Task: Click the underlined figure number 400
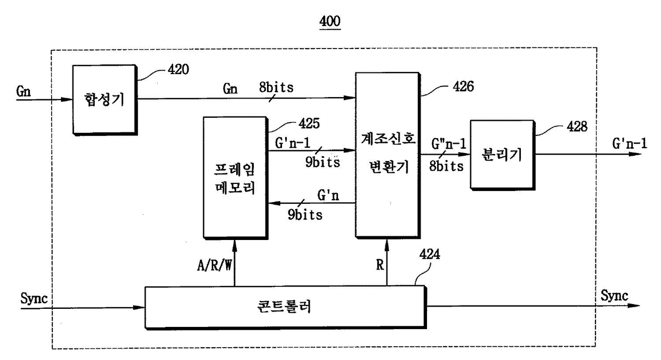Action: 330,21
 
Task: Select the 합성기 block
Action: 105,100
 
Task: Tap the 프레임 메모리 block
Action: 236,178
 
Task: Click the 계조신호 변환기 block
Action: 388,155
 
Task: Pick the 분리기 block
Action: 503,155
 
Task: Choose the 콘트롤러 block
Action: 285,307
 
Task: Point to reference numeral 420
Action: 178,70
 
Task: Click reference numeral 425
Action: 309,123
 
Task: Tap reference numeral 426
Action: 463,87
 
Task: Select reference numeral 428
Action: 577,127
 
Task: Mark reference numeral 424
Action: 430,254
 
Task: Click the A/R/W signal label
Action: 214,265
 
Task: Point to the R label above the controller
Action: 380,265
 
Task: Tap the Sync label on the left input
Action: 34,298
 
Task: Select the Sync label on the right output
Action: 615,295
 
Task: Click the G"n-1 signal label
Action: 448,144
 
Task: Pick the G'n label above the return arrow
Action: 328,195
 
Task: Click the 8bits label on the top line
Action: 276,87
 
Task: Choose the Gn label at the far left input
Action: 23,91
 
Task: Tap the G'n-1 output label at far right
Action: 630,144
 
